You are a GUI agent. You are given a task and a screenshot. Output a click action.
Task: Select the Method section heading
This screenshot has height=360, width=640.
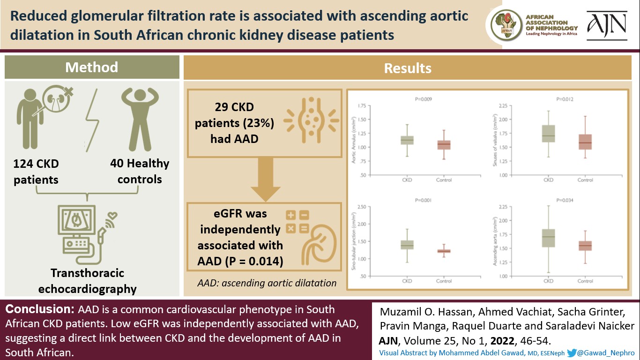coord(92,67)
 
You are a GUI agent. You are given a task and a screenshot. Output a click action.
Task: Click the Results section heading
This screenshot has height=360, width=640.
coord(408,68)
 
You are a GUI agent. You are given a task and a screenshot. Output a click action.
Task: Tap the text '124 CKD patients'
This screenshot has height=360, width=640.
coord(36,172)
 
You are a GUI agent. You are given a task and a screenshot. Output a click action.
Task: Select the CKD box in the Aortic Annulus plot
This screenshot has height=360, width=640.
coord(407,140)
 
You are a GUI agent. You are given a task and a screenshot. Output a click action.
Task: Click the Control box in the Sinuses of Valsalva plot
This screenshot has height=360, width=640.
coord(585,142)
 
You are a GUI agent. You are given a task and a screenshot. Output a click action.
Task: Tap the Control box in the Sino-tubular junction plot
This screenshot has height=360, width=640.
coord(444,251)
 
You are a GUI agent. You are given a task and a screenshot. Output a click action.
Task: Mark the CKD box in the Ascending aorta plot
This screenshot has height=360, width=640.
coord(548,238)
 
